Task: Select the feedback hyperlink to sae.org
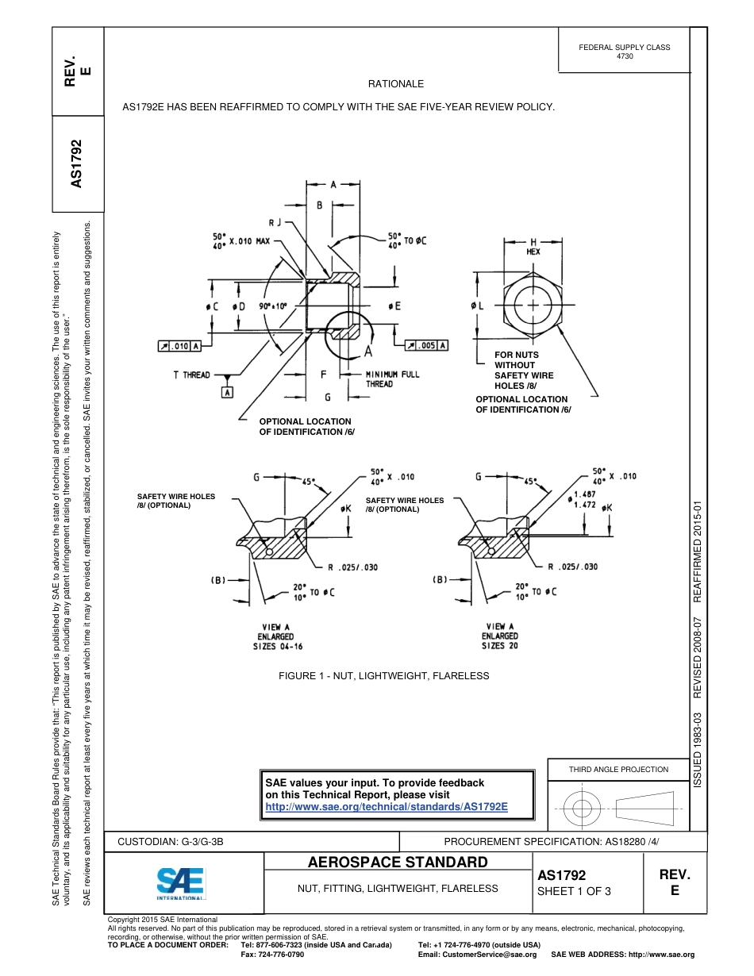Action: point(386,806)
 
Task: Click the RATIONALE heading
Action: point(396,83)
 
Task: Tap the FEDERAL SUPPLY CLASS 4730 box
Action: point(624,52)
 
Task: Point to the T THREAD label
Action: point(192,375)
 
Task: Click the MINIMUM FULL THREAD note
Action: point(392,378)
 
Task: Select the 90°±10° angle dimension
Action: point(272,305)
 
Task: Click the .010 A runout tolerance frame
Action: point(179,345)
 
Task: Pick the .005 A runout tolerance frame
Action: point(427,345)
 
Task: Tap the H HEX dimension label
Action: point(533,246)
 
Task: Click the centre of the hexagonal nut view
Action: point(533,305)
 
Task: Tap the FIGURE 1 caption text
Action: point(383,676)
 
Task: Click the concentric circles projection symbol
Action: point(583,809)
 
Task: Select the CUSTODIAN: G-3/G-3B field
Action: point(176,841)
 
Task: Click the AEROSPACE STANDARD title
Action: point(398,863)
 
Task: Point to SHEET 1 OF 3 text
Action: point(574,891)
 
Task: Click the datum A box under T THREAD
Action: point(228,393)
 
